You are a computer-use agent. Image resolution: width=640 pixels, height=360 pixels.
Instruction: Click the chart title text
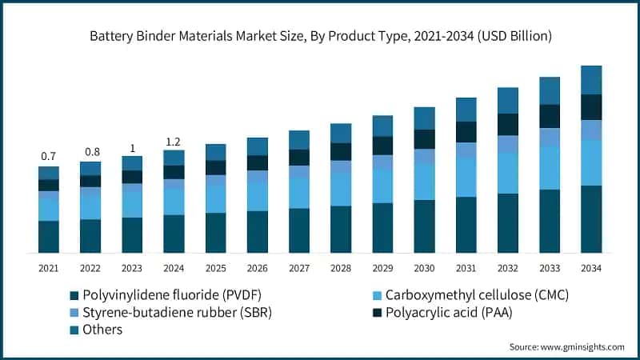320,36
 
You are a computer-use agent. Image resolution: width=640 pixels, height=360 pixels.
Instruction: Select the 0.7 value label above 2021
49,156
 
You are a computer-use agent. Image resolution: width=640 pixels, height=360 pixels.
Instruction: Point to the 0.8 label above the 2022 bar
90,152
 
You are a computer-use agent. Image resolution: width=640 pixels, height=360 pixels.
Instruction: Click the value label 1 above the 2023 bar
132,147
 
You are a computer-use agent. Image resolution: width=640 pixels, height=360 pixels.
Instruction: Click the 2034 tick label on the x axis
590,268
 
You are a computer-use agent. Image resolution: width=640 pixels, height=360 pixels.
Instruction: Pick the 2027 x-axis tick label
299,268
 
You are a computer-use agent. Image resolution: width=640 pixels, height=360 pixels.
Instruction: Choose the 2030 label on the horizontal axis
424,268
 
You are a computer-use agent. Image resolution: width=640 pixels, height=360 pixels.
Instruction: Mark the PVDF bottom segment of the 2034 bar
591,219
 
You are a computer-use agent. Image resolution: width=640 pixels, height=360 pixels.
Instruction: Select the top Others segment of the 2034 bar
591,80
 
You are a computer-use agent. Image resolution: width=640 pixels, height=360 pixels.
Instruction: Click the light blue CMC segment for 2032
508,173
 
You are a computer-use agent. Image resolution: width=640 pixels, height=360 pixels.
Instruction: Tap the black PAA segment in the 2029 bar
382,146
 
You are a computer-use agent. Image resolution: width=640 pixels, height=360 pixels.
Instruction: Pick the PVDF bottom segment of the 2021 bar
49,237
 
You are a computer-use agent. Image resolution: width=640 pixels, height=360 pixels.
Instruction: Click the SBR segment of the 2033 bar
550,137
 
